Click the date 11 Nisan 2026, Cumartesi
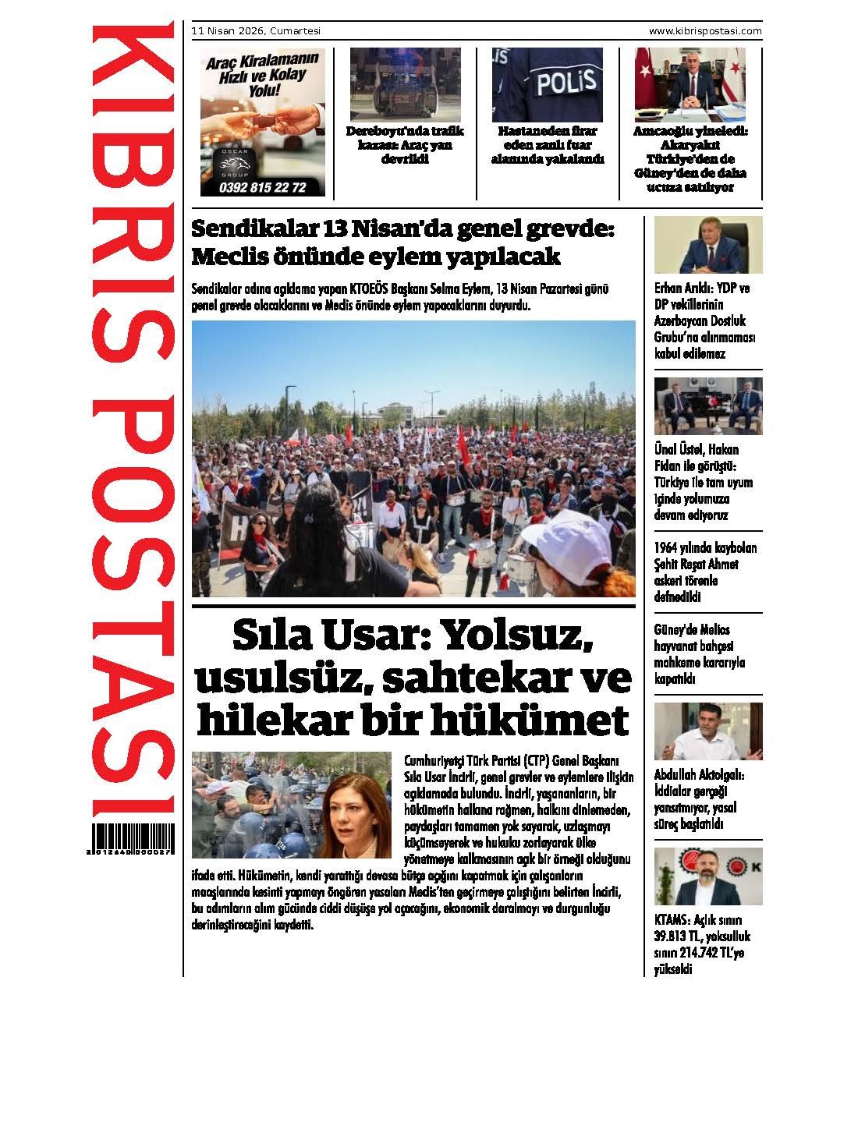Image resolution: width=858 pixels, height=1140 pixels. pos(256,31)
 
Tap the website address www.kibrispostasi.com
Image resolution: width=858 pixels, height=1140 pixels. pos(704,31)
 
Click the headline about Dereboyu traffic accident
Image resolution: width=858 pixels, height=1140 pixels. pos(405,145)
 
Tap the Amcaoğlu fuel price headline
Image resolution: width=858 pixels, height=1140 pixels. pos(690,159)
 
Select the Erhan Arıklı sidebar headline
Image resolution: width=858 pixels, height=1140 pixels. pos(704,320)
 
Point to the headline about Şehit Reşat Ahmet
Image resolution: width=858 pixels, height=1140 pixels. pos(705,572)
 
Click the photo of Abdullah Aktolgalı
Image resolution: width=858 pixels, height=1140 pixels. pos(707,731)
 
